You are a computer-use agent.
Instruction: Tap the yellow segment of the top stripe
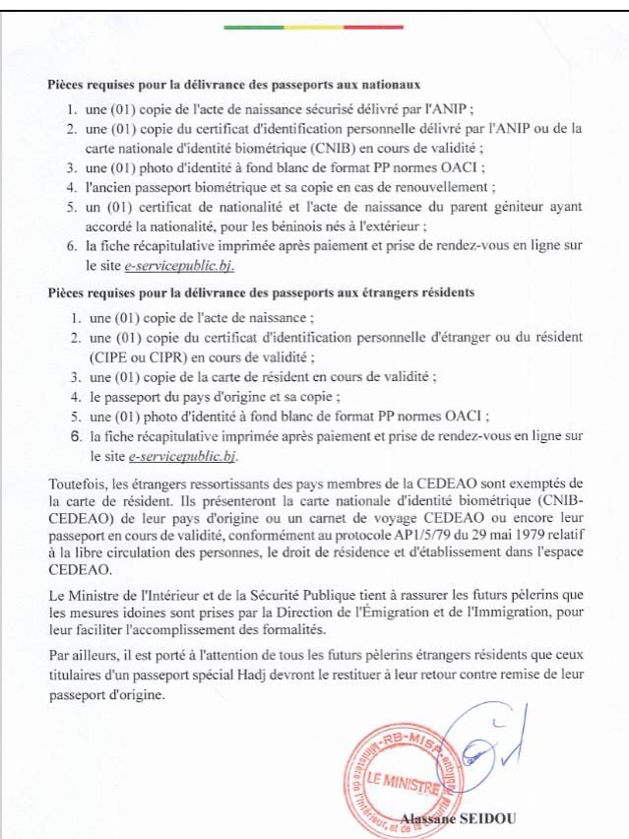314,28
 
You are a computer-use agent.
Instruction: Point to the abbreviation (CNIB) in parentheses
335,146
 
